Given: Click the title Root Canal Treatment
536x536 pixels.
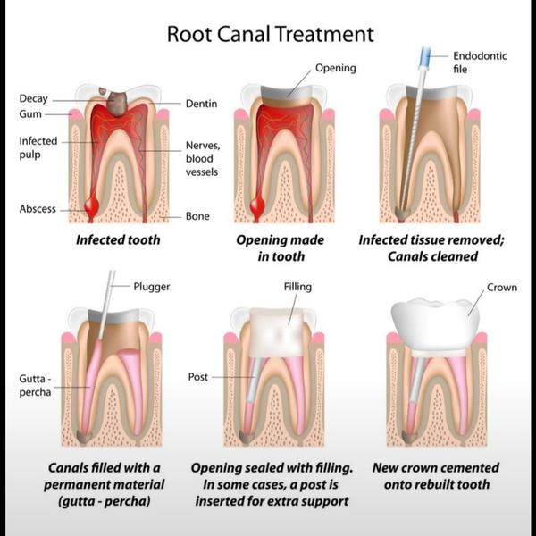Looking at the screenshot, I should pyautogui.click(x=270, y=35).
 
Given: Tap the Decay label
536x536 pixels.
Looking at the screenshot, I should pyautogui.click(x=33, y=98).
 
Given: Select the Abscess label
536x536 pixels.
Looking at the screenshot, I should pyautogui.click(x=38, y=209).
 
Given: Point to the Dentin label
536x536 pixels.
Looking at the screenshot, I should pyautogui.click(x=201, y=105).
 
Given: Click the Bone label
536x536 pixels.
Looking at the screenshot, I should pyautogui.click(x=197, y=216).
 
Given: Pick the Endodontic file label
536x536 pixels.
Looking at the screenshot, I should pyautogui.click(x=480, y=63).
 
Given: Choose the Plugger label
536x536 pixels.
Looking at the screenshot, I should pyautogui.click(x=151, y=287).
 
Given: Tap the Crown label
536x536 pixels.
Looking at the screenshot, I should pyautogui.click(x=502, y=288).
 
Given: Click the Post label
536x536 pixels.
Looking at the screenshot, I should pyautogui.click(x=198, y=377).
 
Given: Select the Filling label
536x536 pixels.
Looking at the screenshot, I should pyautogui.click(x=297, y=287).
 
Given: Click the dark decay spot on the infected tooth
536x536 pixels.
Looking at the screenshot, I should pyautogui.click(x=116, y=101).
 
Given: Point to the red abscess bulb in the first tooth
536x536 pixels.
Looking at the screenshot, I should pyautogui.click(x=90, y=209).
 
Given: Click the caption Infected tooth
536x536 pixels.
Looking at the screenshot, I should pyautogui.click(x=118, y=240).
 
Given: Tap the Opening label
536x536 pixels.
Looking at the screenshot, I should pyautogui.click(x=335, y=68).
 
